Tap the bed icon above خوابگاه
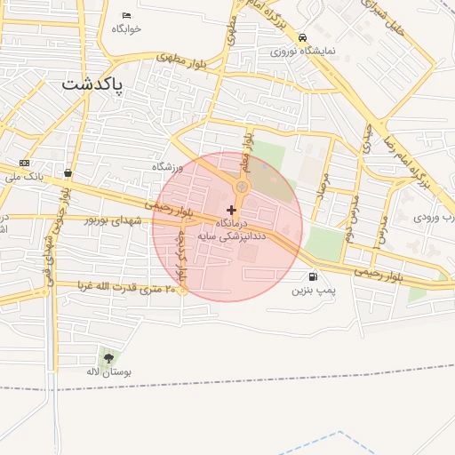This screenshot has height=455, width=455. tap(126, 15)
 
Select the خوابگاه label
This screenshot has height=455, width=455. tap(126, 28)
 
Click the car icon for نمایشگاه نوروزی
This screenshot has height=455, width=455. tap(303, 38)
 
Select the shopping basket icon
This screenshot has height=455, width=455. tap(68, 172)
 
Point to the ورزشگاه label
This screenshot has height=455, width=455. tap(167, 167)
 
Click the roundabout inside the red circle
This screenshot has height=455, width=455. tap(242, 188)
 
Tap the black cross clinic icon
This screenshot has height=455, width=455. tap(232, 209)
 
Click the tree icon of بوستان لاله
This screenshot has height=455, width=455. tap(108, 358)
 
